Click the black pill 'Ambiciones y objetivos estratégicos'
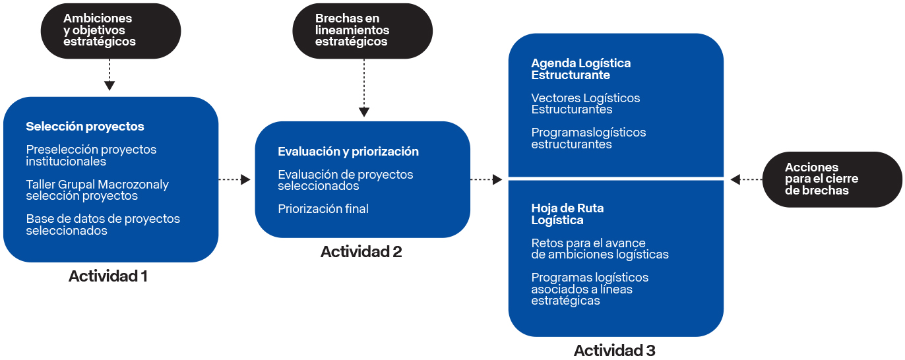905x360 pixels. (x=110, y=30)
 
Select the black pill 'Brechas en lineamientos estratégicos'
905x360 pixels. (x=362, y=30)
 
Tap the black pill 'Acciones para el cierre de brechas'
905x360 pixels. (x=832, y=179)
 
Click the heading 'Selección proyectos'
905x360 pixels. (x=85, y=127)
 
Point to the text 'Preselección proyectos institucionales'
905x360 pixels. (x=91, y=156)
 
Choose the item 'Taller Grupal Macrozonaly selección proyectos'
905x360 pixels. (x=98, y=191)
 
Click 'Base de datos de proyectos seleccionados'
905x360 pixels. (x=103, y=225)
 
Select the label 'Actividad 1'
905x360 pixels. (x=108, y=276)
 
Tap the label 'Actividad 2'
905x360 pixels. (x=361, y=252)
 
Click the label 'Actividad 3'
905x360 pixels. (x=614, y=350)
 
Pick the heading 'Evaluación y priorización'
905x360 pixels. (x=348, y=152)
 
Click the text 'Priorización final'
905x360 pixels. (x=323, y=209)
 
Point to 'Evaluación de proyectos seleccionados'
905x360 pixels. (x=346, y=180)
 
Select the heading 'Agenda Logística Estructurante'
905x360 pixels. (x=580, y=69)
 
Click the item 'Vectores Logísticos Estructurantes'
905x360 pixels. (x=585, y=104)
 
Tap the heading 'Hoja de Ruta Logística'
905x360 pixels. (x=567, y=214)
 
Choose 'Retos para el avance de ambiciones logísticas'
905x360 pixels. (x=600, y=249)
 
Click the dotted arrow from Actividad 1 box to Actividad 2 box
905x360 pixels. (x=235, y=179)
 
